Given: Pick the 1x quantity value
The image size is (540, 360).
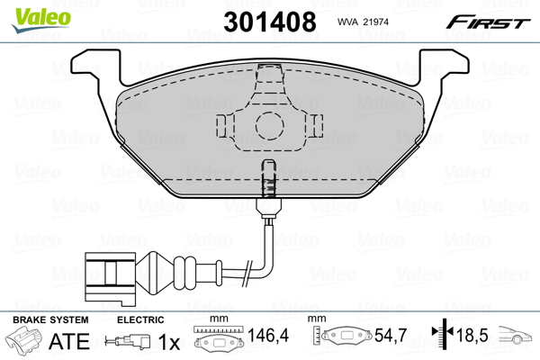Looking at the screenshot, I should point(170,342).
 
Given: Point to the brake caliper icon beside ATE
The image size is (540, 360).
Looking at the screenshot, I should point(24,342).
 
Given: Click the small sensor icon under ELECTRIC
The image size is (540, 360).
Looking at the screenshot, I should point(126,342).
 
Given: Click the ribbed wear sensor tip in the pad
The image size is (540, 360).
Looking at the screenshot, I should point(267,178).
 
